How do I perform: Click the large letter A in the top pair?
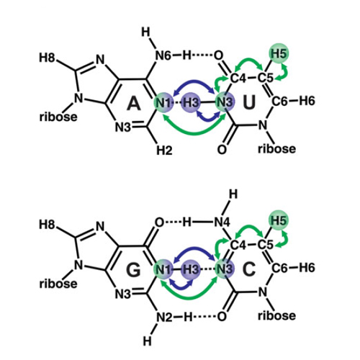pyautogui.click(x=133, y=103)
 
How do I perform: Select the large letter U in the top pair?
pyautogui.click(x=249, y=102)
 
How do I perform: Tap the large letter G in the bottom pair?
pyautogui.click(x=133, y=270)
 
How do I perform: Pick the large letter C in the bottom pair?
pyautogui.click(x=249, y=269)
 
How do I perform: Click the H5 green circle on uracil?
pyautogui.click(x=279, y=53)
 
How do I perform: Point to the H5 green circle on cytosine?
pyautogui.click(x=279, y=220)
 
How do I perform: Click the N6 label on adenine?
pyautogui.click(x=163, y=55)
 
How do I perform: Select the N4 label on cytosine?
pyautogui.click(x=222, y=222)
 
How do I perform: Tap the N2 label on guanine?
pyautogui.click(x=164, y=318)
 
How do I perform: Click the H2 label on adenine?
pyautogui.click(x=164, y=150)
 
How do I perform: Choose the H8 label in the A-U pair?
pyautogui.click(x=47, y=58)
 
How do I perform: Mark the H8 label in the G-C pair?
pyautogui.click(x=47, y=225)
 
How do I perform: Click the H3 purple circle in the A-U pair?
pyautogui.click(x=191, y=103)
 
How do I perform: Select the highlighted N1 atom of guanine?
pyautogui.click(x=163, y=270)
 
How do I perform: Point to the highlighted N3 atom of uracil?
pyautogui.click(x=225, y=103)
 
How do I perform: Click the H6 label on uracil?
pyautogui.click(x=307, y=101)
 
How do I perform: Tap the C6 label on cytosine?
pyautogui.click(x=279, y=268)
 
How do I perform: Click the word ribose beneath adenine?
pyautogui.click(x=58, y=117)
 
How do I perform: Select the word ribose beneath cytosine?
pyautogui.click(x=276, y=315)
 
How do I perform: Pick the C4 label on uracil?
pyautogui.click(x=238, y=78)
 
